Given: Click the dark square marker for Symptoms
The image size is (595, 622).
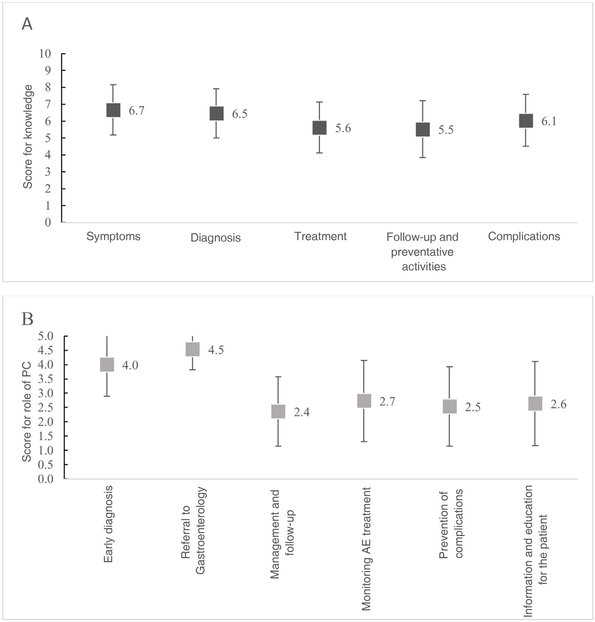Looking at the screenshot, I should coord(113,110).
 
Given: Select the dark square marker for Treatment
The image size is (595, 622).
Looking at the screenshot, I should coord(320,128).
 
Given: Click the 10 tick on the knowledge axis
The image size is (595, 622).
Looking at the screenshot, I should coord(45,54).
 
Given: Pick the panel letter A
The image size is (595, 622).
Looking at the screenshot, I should coord(27,24).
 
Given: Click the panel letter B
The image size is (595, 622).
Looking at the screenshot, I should coord(28,319).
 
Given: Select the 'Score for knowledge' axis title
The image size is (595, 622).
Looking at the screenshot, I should coord(28,137).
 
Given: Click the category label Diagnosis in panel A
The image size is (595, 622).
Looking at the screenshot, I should coord(216,238).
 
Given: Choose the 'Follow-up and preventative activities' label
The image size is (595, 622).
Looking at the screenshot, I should coord(423,252).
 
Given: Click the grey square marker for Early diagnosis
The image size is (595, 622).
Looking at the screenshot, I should coord(107,365).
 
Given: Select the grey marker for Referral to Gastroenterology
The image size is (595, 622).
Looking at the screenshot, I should coord(193,350).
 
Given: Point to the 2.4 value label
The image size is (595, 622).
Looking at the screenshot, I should coord(301,412).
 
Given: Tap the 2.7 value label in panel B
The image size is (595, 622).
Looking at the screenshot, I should coord(387,402).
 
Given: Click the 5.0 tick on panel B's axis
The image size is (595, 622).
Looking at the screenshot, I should coord(46,336).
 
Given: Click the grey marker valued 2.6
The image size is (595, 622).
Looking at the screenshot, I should coord(535,404).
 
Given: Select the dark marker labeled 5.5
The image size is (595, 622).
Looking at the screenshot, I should coord(423,130).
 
